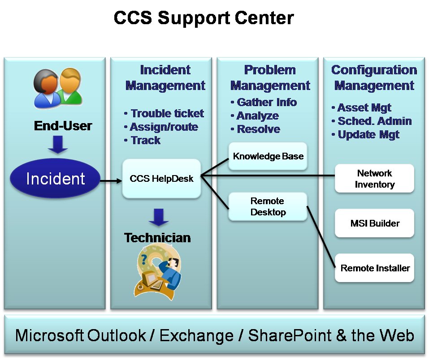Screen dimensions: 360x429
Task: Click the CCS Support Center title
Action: pyautogui.click(x=204, y=18)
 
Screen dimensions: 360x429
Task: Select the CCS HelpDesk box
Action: pyautogui.click(x=161, y=179)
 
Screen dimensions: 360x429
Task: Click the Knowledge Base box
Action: pyautogui.click(x=268, y=156)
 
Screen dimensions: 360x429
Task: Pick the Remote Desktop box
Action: pyautogui.click(x=268, y=206)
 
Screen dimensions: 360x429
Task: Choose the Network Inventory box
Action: pyautogui.click(x=375, y=179)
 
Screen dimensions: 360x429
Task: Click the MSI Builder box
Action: pyautogui.click(x=375, y=223)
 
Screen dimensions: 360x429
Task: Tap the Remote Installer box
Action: pyautogui.click(x=375, y=268)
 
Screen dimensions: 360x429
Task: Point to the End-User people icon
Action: pyautogui.click(x=58, y=88)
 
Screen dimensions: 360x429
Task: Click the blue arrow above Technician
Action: pyautogui.click(x=158, y=217)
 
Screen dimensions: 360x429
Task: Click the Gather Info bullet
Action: pyautogui.click(x=264, y=102)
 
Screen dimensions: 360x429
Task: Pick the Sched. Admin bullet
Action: pyautogui.click(x=372, y=121)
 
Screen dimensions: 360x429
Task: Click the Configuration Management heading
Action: pyautogui.click(x=374, y=77)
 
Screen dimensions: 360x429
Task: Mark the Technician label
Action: pyautogui.click(x=157, y=238)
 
